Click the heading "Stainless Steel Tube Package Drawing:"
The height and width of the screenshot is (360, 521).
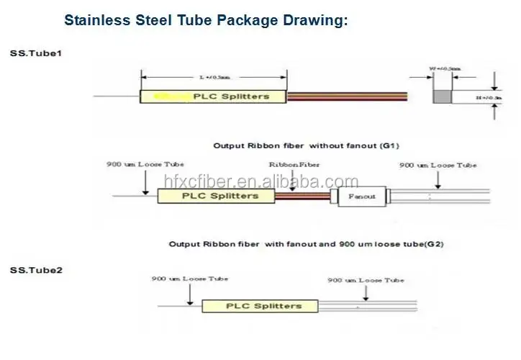pyautogui.click(x=206, y=20)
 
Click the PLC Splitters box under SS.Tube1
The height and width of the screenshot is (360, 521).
pyautogui.click(x=214, y=96)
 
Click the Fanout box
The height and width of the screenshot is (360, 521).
pyautogui.click(x=361, y=196)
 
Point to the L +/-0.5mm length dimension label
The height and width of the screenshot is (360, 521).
pyautogui.click(x=214, y=77)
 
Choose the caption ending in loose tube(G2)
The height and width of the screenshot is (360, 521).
pyautogui.click(x=306, y=244)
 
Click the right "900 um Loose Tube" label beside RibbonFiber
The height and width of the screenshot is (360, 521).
pyautogui.click(x=438, y=165)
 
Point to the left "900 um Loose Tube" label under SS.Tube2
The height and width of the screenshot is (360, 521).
pyautogui.click(x=190, y=277)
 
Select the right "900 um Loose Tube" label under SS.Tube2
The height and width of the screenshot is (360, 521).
pyautogui.click(x=366, y=279)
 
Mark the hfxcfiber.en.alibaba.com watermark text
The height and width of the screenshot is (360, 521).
pyautogui.click(x=260, y=181)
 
